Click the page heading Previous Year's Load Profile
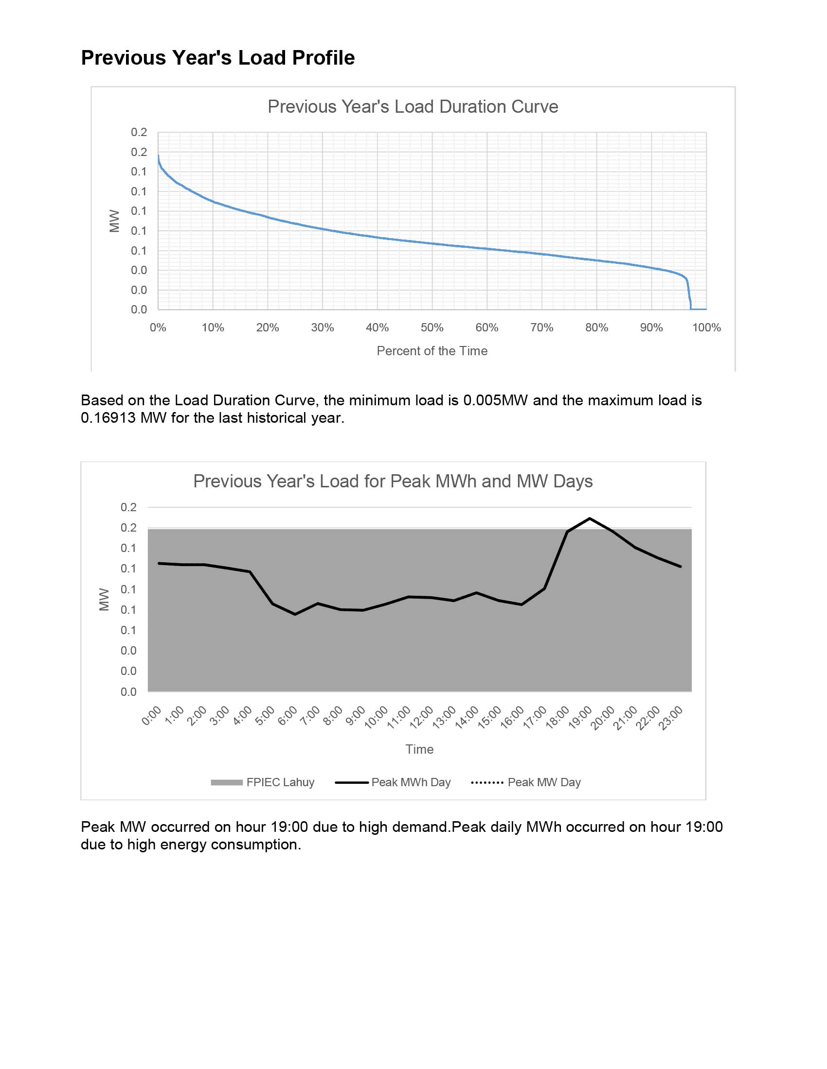pyautogui.click(x=217, y=58)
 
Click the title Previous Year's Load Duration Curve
pyautogui.click(x=413, y=107)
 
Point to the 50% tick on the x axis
pyautogui.click(x=431, y=328)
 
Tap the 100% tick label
pyautogui.click(x=706, y=328)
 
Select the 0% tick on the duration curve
pyautogui.click(x=158, y=328)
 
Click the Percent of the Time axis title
pyautogui.click(x=431, y=351)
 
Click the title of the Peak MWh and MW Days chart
pyautogui.click(x=393, y=481)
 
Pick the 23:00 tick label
pyautogui.click(x=672, y=718)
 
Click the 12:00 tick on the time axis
pyautogui.click(x=422, y=718)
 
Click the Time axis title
pyautogui.click(x=419, y=749)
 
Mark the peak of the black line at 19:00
pyautogui.click(x=590, y=518)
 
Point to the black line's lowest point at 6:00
pyautogui.click(x=295, y=614)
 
